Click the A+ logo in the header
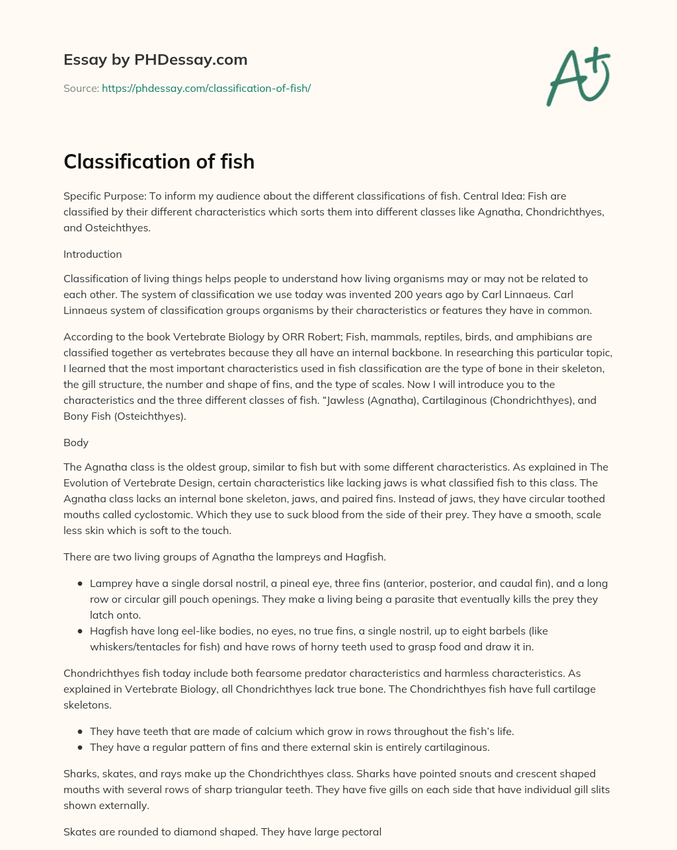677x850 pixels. [578, 77]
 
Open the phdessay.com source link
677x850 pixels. [206, 88]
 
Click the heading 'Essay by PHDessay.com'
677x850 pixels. [155, 59]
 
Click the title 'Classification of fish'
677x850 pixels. [159, 162]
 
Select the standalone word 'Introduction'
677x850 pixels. [93, 254]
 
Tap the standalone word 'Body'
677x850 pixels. [76, 443]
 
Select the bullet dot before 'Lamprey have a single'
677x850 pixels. [80, 584]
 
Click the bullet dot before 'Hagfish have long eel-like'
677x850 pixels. [80, 632]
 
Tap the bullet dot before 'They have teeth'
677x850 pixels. [80, 732]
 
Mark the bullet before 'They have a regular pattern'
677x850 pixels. [80, 748]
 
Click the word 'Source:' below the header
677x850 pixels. [81, 88]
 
